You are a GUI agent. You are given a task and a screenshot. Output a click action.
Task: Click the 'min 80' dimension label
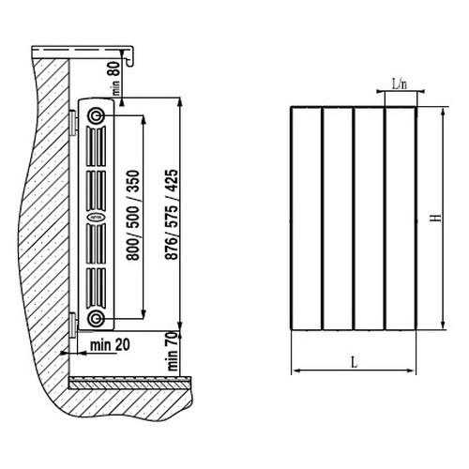click(115, 78)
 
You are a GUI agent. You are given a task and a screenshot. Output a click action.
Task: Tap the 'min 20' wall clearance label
click(110, 345)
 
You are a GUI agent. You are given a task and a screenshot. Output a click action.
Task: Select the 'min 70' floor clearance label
click(173, 351)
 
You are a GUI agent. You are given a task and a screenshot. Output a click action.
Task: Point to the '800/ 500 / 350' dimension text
click(132, 215)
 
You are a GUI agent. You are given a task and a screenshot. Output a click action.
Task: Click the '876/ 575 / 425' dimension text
click(172, 215)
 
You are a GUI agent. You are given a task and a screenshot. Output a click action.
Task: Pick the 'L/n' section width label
click(400, 83)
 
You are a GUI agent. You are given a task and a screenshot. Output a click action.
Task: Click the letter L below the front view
click(354, 362)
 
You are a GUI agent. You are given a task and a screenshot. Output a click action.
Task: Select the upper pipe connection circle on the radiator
click(96, 116)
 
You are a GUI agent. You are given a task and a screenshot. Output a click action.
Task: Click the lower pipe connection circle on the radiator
click(96, 319)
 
